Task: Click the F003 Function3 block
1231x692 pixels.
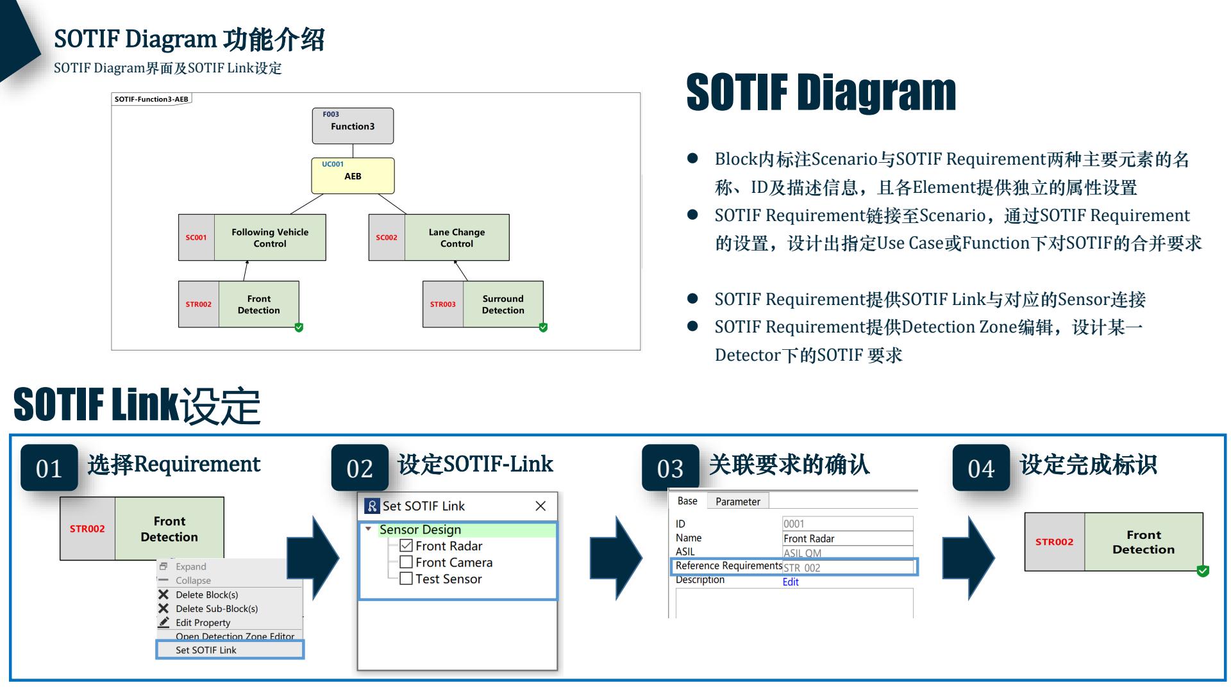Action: coord(353,126)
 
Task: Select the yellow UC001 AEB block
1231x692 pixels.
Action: coord(353,176)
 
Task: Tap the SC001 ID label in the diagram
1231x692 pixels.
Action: coord(196,238)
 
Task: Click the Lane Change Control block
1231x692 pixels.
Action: coord(456,238)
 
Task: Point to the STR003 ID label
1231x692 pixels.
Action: coord(442,304)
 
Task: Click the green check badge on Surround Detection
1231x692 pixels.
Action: coord(543,327)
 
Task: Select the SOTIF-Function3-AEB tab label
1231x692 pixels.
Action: coord(151,99)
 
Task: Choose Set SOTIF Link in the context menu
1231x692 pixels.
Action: coord(206,650)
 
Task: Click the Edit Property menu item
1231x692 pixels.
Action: coord(203,622)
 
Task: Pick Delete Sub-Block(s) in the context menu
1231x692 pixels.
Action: coord(217,609)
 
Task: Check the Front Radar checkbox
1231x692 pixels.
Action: coord(406,546)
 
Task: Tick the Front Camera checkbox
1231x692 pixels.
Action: coord(406,562)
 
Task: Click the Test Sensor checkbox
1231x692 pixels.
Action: coord(406,579)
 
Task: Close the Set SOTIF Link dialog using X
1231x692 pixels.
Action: coord(540,506)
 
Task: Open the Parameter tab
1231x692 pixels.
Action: coord(737,501)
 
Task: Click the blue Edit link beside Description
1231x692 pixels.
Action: coord(791,582)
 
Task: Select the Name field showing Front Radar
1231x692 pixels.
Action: coord(846,538)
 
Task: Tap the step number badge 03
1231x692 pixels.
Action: coord(670,468)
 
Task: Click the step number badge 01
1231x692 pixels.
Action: coord(49,468)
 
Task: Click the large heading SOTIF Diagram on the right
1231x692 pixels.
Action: coord(821,92)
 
